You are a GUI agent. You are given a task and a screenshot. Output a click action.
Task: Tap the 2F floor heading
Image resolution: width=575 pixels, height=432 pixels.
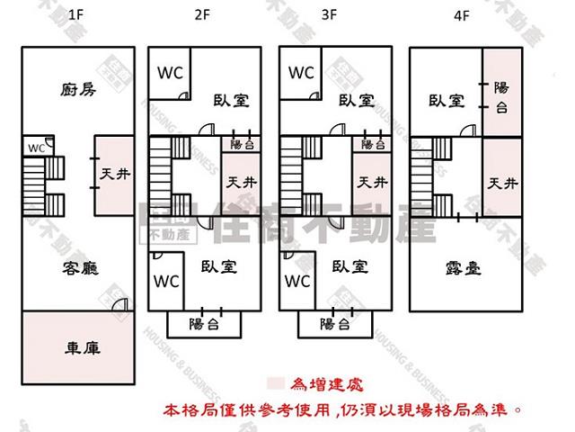click(x=201, y=15)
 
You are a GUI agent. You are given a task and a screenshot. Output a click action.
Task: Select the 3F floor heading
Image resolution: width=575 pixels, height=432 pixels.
click(x=330, y=15)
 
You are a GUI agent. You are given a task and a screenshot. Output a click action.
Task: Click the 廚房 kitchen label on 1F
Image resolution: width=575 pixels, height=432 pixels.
click(x=78, y=89)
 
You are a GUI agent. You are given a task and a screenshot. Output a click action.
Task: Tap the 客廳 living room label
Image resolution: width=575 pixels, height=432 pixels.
click(x=79, y=266)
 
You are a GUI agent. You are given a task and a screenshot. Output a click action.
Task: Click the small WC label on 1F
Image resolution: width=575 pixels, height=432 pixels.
click(x=36, y=148)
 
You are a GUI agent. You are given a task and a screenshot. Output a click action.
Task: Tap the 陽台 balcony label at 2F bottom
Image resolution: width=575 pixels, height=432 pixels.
click(x=204, y=323)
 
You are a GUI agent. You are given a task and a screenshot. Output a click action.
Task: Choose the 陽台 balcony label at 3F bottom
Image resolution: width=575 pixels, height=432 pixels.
click(x=334, y=323)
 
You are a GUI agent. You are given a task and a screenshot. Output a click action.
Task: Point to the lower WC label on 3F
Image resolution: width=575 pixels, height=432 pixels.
click(x=297, y=282)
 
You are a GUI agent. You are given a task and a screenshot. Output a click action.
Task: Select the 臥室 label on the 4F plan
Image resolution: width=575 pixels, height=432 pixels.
click(x=446, y=101)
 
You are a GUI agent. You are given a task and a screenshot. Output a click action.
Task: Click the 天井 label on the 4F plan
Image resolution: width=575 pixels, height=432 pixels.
click(x=502, y=184)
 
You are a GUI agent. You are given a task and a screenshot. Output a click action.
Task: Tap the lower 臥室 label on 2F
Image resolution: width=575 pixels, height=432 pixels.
click(x=218, y=266)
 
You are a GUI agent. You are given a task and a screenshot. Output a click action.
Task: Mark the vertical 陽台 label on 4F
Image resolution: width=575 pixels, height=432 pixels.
click(x=502, y=97)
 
